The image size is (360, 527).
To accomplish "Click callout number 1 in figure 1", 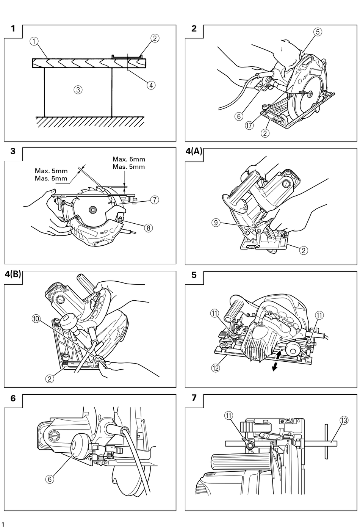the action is pyautogui.click(x=34, y=41).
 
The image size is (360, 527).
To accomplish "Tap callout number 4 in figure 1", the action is pyautogui.click(x=151, y=85).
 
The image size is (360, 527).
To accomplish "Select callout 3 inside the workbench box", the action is pyautogui.click(x=78, y=89).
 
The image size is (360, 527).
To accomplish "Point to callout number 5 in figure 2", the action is pyautogui.click(x=318, y=32).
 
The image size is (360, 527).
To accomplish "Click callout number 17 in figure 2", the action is pyautogui.click(x=249, y=125).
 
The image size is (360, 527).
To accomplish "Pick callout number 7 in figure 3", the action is pyautogui.click(x=155, y=200).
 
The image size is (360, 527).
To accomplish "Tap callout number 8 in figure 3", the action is pyautogui.click(x=149, y=228).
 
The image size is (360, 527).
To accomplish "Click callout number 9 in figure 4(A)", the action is pyautogui.click(x=216, y=223).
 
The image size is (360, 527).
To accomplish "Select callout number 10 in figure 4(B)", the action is pyautogui.click(x=36, y=319).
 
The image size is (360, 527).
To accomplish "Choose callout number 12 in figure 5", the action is pyautogui.click(x=215, y=368).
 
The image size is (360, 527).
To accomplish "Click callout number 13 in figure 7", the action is pyautogui.click(x=344, y=420).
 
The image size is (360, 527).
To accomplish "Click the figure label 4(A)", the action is pyautogui.click(x=194, y=151).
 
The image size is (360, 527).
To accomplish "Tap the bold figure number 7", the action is pyautogui.click(x=194, y=398).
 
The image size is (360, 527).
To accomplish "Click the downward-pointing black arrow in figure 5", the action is pyautogui.click(x=274, y=367).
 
